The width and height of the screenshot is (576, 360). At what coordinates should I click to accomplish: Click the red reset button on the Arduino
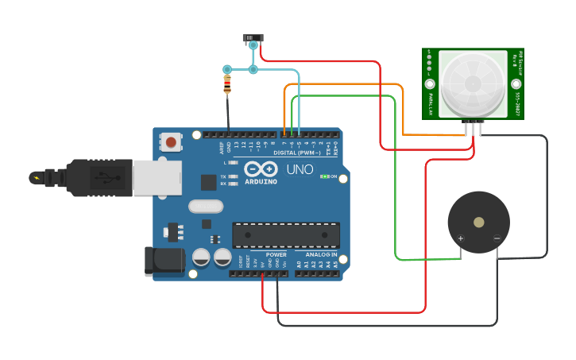click(x=171, y=142)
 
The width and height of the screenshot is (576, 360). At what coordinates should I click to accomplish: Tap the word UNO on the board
click(x=300, y=169)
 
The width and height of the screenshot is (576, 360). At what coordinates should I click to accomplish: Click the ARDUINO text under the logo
click(x=261, y=181)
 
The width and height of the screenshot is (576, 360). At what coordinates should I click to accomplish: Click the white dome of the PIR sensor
click(x=473, y=82)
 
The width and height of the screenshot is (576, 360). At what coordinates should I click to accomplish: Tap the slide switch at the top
click(x=253, y=37)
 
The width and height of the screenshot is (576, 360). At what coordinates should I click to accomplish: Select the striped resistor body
click(x=228, y=83)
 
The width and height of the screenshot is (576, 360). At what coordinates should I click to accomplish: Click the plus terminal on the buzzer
click(x=460, y=238)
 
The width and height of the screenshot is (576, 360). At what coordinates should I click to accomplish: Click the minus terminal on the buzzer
click(x=497, y=238)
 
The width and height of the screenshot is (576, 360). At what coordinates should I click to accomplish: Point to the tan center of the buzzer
click(x=478, y=223)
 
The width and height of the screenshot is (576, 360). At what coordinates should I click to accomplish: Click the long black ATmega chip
click(x=285, y=234)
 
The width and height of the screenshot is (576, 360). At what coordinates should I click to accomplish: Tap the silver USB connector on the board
click(x=155, y=177)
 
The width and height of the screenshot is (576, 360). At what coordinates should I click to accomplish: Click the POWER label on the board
click(x=276, y=254)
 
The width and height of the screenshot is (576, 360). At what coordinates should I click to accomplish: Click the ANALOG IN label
click(x=321, y=254)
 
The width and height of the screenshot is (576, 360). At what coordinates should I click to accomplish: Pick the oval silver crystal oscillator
click(x=206, y=207)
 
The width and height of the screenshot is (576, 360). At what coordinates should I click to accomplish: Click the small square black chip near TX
click(x=208, y=182)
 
